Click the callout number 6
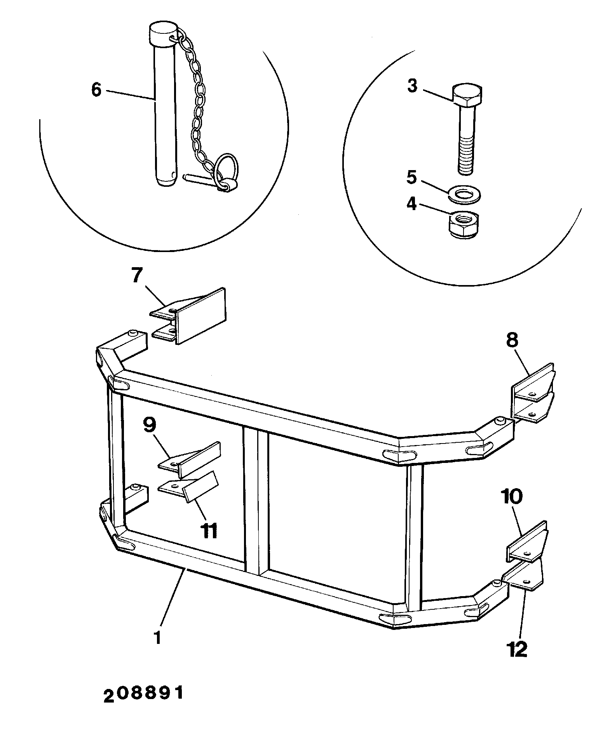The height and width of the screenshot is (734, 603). [x=96, y=90]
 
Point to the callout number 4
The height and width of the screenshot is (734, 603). [x=411, y=204]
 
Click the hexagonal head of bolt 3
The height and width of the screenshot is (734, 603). [x=467, y=95]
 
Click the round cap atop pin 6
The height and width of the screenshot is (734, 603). [x=163, y=33]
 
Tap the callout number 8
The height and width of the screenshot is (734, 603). [x=512, y=340]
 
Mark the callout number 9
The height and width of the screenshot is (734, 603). [x=150, y=424]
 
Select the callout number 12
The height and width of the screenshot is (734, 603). [x=517, y=649]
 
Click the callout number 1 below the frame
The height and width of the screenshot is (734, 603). [x=157, y=637]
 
